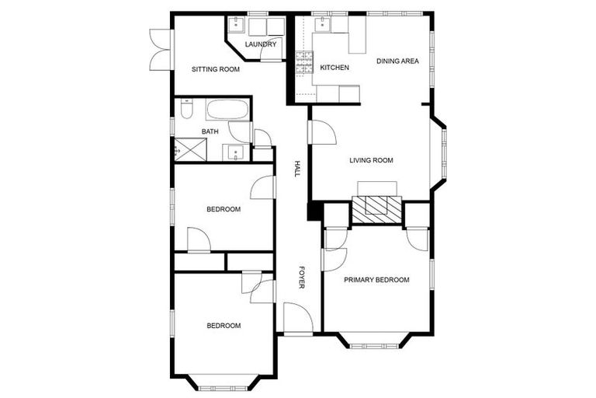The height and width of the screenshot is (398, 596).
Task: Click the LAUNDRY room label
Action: [260, 44]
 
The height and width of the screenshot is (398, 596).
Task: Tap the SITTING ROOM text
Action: [216, 69]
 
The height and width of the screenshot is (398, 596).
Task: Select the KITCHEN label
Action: [334, 68]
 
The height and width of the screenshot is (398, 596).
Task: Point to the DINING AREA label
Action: [397, 61]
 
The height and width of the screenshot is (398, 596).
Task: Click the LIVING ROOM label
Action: [371, 161]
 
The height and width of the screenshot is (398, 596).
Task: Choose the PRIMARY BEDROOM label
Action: [376, 280]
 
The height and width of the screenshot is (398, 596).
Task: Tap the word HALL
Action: [296, 169]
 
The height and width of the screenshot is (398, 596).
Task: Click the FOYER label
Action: [302, 278]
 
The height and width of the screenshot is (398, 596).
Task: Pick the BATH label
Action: [210, 131]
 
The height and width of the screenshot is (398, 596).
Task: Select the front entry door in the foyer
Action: [296, 319]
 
